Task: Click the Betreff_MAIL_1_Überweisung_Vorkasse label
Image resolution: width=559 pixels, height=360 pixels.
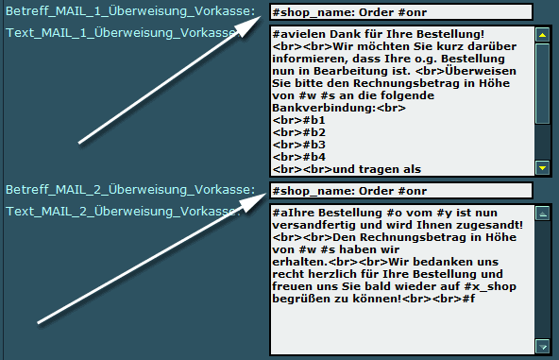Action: [130, 11]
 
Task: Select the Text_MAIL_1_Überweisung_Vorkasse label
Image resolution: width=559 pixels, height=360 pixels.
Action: [121, 33]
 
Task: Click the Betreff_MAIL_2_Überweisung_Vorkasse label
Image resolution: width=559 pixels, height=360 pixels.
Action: [130, 190]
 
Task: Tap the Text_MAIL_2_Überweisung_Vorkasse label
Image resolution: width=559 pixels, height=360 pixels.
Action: [121, 212]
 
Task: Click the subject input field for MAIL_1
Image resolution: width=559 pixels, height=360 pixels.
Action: [401, 12]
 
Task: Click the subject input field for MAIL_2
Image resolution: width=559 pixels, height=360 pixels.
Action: [401, 191]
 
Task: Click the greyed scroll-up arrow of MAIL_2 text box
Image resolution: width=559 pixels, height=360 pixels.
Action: [542, 214]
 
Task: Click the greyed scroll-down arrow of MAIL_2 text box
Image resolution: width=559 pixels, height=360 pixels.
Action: [542, 347]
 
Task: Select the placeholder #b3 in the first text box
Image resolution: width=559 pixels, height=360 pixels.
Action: [314, 145]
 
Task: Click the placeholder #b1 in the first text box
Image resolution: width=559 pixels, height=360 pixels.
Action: [314, 120]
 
